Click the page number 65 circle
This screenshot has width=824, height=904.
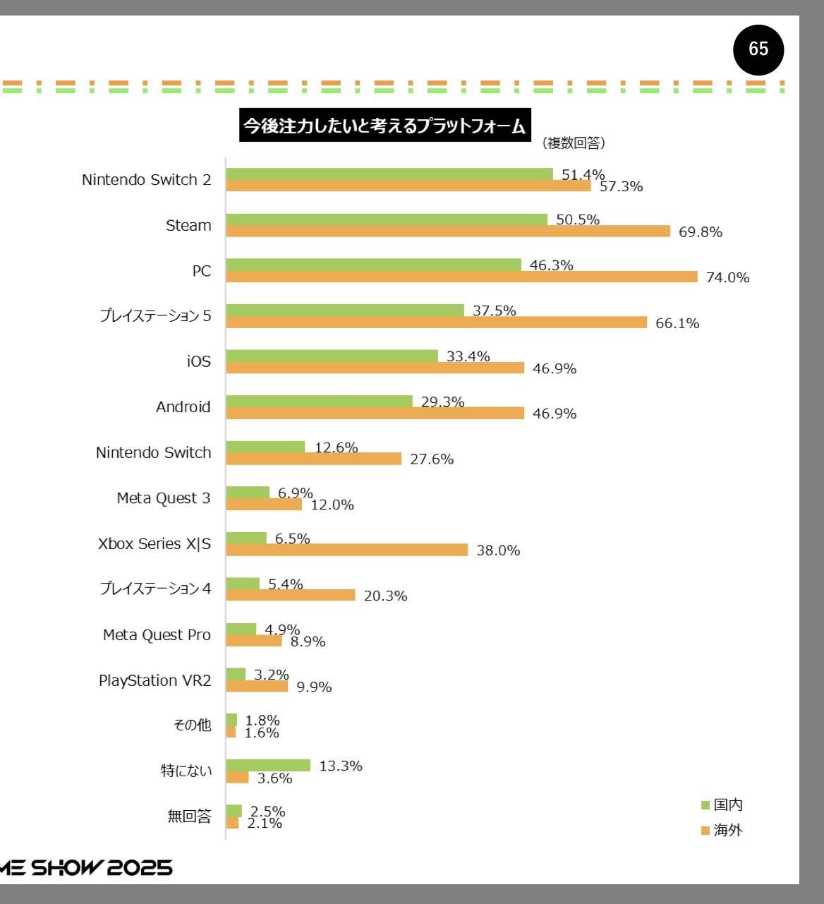[758, 49]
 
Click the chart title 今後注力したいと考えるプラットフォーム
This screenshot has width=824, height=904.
[384, 126]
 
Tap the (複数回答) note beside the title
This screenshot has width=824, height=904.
[574, 143]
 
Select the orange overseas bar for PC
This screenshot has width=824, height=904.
[461, 277]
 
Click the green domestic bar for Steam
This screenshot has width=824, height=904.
[387, 219]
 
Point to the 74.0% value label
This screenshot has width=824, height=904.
[727, 277]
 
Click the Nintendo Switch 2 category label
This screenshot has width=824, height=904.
[146, 180]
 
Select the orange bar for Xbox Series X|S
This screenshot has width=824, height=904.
[346, 550]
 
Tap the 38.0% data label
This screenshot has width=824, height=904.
[498, 550]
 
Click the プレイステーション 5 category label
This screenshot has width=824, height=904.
[155, 316]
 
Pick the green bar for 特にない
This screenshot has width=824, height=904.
[268, 766]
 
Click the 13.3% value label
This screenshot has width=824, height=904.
[341, 766]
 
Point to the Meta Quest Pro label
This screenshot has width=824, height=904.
[157, 635]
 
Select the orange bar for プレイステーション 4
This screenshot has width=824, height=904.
[291, 595]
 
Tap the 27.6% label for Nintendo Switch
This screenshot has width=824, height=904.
[432, 459]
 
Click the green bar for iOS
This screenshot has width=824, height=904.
[332, 356]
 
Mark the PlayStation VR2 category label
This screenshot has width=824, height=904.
[154, 680]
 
